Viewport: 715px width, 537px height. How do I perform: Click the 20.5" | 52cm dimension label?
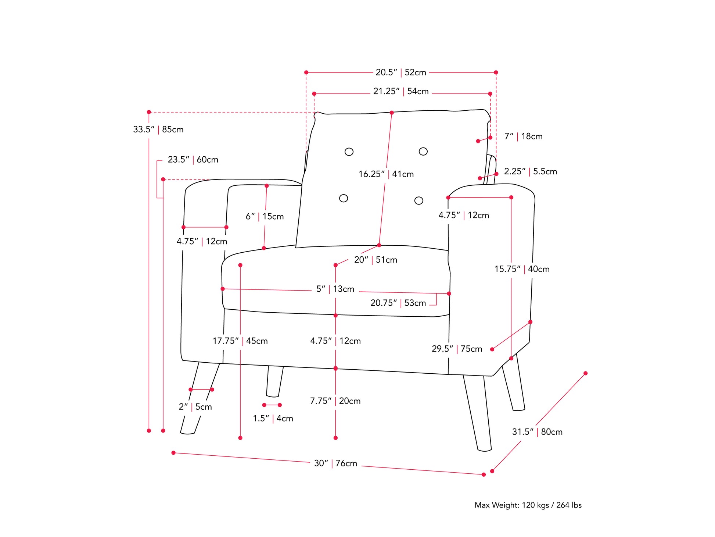(x=400, y=72)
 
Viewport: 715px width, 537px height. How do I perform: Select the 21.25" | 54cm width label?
(x=401, y=92)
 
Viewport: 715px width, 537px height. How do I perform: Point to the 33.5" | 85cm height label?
(x=158, y=129)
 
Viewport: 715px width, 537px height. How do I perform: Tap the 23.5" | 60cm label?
(x=193, y=160)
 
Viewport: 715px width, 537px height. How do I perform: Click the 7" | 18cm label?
(x=523, y=136)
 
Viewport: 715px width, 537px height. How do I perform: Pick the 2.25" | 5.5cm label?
(x=530, y=171)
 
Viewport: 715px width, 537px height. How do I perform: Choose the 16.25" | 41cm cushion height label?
(x=386, y=174)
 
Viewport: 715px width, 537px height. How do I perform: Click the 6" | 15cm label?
(x=265, y=217)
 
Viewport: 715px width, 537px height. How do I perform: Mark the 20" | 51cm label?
(x=376, y=260)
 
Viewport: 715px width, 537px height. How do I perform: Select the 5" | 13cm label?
(x=335, y=289)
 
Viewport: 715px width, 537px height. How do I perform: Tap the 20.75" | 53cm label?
(x=398, y=303)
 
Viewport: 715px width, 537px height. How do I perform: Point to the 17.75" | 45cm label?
(x=240, y=341)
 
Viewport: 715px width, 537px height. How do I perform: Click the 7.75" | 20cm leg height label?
(x=335, y=401)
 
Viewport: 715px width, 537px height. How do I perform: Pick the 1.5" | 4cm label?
(x=273, y=419)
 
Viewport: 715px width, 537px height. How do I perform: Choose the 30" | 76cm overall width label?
(x=335, y=463)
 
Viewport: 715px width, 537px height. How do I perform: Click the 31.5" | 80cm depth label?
(x=537, y=432)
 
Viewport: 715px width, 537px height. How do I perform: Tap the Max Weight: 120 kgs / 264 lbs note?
(x=528, y=505)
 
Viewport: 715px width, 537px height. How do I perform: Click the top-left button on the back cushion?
(x=349, y=152)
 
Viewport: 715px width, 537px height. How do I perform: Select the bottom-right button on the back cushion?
(x=418, y=200)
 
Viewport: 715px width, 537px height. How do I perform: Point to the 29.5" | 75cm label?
(x=457, y=349)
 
